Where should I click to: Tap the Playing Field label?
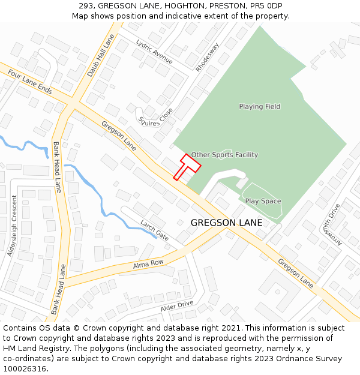click(x=260, y=107)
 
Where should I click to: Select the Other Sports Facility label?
click(x=224, y=155)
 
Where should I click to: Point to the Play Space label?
click(x=263, y=202)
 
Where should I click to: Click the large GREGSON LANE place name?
click(x=226, y=223)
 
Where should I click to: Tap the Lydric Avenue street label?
click(x=154, y=52)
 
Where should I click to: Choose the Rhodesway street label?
click(x=208, y=57)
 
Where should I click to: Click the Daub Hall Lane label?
click(x=100, y=55)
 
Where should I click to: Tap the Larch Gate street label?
click(x=154, y=230)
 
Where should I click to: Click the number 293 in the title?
click(x=86, y=6)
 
